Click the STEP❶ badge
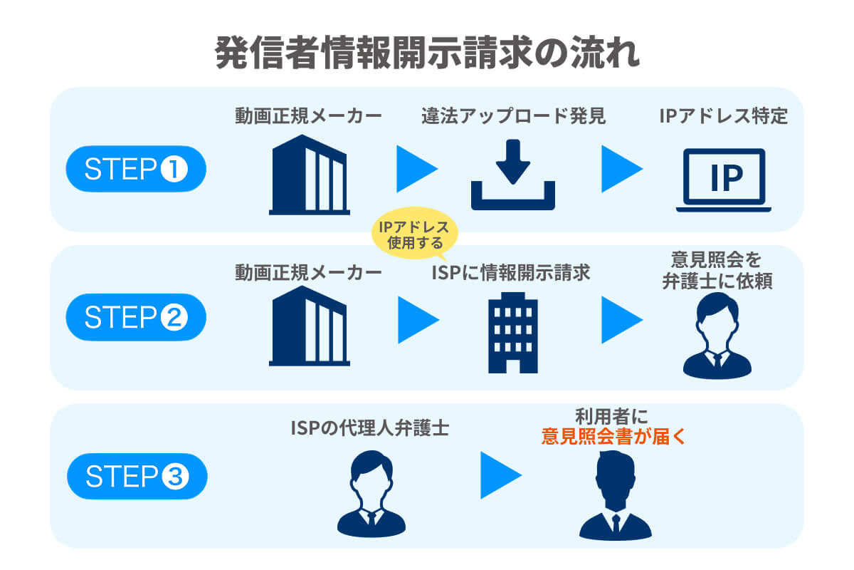136,170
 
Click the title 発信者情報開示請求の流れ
427,54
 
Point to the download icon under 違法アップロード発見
512,175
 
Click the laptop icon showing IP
724,180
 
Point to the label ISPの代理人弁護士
369,428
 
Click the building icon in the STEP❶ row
310,175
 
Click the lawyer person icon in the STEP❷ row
717,335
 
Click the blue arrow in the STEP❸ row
500,475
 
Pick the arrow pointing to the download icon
416,170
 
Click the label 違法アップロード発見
512,116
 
